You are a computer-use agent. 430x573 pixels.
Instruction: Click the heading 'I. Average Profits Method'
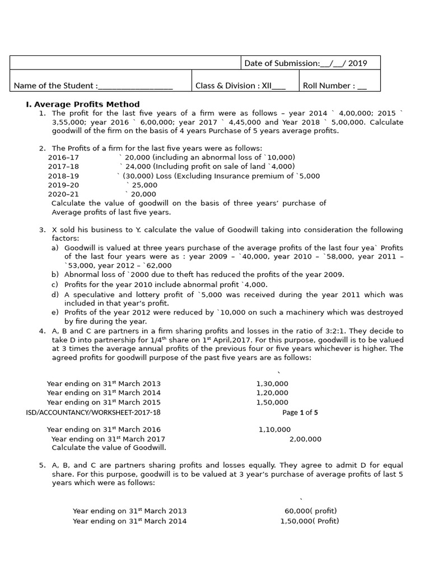83,104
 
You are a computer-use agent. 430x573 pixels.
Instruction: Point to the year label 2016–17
63,157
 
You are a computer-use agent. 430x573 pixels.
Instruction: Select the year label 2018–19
63,176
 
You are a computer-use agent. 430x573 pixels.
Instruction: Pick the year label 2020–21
63,194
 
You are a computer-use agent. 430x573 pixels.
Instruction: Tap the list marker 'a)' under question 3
55,248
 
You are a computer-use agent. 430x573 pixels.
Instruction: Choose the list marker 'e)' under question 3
55,312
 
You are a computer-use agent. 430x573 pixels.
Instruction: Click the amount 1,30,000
272,384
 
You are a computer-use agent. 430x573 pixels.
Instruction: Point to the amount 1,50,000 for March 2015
272,402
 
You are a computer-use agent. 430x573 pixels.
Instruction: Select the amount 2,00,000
305,439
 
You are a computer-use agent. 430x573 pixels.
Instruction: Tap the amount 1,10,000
274,430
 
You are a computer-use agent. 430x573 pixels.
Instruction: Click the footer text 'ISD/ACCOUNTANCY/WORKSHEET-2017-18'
93,412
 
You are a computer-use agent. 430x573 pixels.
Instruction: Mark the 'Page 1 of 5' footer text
300,412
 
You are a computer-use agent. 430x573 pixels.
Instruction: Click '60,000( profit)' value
311,511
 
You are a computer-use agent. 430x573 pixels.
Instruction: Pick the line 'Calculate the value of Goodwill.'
109,448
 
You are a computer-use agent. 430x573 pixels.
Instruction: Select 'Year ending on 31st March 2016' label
104,430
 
